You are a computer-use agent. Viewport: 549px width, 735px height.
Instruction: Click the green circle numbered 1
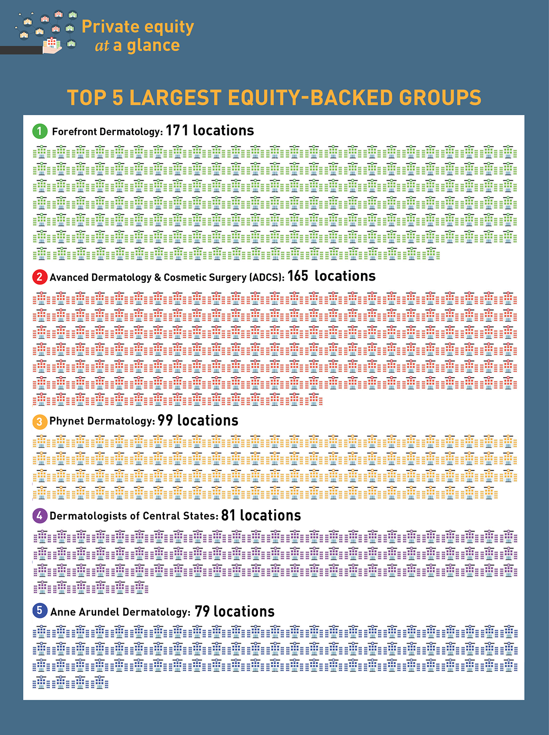[39, 131]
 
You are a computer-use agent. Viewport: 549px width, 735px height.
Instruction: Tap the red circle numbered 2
[39, 277]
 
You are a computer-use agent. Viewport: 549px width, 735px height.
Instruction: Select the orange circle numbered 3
[39, 421]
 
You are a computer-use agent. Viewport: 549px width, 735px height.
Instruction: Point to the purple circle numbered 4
[39, 516]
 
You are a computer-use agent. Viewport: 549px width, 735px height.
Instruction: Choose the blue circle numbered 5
[39, 611]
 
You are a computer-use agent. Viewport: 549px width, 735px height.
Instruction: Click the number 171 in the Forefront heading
[177, 131]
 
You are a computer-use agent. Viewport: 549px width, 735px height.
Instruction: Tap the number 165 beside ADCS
[298, 276]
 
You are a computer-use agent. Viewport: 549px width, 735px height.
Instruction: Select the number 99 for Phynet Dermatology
[165, 421]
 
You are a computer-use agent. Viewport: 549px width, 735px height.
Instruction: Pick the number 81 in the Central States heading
[228, 516]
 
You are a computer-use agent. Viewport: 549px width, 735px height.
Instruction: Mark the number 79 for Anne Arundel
[202, 612]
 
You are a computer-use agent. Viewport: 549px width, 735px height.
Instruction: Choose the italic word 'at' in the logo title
[102, 46]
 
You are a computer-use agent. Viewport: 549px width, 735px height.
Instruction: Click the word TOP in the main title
[86, 98]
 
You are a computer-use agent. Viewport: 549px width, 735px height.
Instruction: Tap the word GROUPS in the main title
[440, 98]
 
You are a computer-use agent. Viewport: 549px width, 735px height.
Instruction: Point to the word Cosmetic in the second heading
[184, 277]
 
